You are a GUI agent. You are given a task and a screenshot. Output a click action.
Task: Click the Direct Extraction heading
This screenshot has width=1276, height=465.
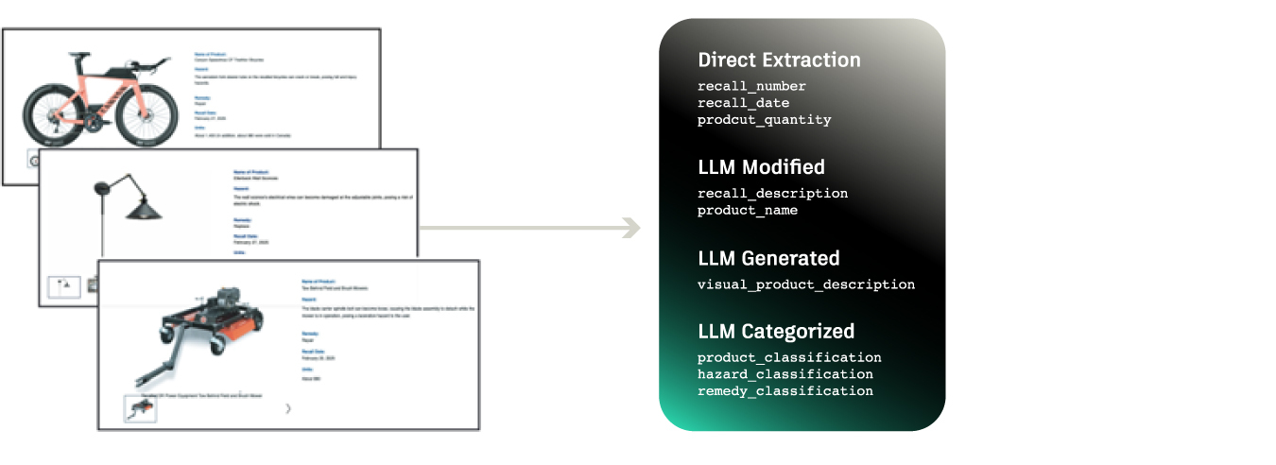pos(779,60)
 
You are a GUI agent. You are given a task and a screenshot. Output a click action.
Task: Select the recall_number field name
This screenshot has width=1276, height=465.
pos(751,87)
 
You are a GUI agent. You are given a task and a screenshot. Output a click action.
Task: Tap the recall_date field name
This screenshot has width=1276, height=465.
pos(743,103)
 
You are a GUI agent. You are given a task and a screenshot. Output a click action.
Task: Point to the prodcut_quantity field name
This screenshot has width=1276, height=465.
pos(764,120)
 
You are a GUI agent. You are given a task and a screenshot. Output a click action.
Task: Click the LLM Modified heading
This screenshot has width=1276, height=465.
pos(761,167)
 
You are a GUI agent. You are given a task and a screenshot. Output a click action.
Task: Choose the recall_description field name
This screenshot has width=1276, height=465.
pos(772,194)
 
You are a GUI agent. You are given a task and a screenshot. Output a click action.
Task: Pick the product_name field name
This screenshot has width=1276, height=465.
pos(747,210)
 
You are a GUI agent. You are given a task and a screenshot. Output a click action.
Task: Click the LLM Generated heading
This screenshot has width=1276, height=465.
pos(768,258)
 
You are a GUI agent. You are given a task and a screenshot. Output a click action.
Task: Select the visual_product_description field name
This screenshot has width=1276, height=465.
pos(805,284)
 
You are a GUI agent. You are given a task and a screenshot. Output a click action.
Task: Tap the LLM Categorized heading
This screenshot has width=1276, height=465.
pos(776,331)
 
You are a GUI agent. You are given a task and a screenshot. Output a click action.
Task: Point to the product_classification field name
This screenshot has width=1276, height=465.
pos(789,358)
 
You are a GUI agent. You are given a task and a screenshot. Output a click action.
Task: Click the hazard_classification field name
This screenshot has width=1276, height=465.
pos(785,374)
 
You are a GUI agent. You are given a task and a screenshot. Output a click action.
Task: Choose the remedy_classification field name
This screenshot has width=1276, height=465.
pos(785,390)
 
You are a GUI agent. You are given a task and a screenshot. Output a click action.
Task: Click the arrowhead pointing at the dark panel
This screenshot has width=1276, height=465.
pos(630,228)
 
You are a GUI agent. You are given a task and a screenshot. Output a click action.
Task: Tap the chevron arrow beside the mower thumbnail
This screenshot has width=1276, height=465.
pos(288,408)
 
